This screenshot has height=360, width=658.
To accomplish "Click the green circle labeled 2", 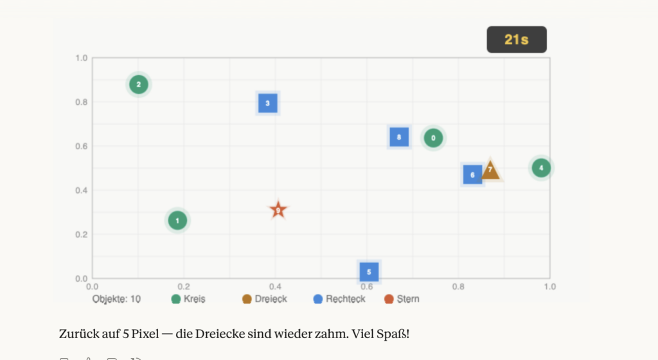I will [x=138, y=84].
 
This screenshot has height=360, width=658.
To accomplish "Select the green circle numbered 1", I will [x=178, y=221].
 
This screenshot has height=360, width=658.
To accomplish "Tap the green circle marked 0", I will [x=433, y=138].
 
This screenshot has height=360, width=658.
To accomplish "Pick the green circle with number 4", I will [x=541, y=168].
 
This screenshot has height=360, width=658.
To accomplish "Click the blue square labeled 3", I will [x=267, y=103].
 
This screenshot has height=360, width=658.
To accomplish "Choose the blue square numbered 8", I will [x=399, y=137].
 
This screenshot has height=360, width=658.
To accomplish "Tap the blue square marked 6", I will [x=472, y=174].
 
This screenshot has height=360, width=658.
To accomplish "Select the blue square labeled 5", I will [x=369, y=271].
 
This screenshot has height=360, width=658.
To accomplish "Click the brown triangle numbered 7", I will [x=490, y=170].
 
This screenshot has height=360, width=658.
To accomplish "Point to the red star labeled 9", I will [x=278, y=210].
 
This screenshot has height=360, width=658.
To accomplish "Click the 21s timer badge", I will [x=517, y=39].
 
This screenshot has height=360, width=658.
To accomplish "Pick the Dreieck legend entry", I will [x=264, y=299].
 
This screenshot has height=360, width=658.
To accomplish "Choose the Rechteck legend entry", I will [x=339, y=299].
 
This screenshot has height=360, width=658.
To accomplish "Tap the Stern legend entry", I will [x=402, y=299].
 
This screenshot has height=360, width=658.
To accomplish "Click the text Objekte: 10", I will [x=116, y=299].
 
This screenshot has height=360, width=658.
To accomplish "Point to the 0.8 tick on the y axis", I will [x=81, y=102].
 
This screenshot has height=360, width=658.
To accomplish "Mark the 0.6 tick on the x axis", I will [x=367, y=287].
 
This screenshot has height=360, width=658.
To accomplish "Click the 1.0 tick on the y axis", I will [x=81, y=58].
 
